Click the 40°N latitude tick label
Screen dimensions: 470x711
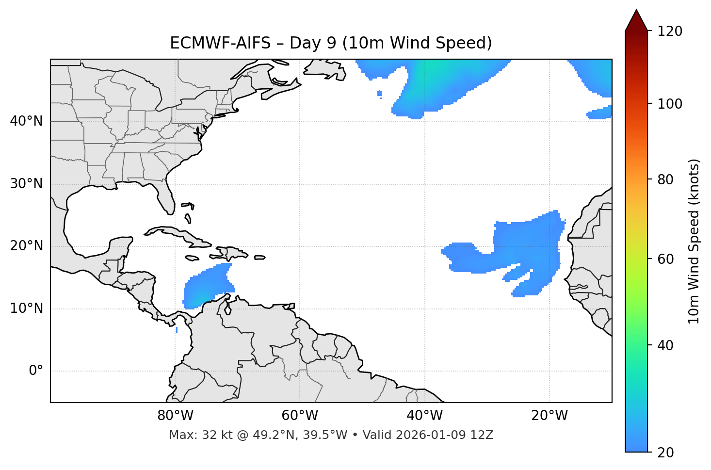(26, 121)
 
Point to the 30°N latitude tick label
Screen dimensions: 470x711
(26, 184)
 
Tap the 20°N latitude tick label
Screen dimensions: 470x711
(26, 246)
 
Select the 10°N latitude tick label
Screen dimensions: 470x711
(26, 308)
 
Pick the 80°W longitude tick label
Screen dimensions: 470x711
(175, 416)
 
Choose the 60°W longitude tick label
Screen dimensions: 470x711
(300, 416)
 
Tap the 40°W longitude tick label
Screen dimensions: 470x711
(424, 416)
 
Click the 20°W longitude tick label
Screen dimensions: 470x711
(549, 416)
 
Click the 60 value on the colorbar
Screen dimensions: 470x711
(664, 259)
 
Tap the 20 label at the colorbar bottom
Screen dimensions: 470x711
(664, 453)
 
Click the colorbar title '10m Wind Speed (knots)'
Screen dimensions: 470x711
(694, 242)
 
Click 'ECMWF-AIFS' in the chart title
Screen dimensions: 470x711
(220, 43)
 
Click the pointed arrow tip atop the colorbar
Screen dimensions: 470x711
(636, 12)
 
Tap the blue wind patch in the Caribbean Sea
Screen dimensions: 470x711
(206, 288)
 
